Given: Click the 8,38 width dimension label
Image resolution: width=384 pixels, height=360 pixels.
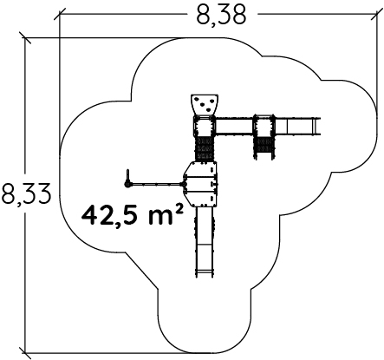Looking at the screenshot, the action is tap(222, 15).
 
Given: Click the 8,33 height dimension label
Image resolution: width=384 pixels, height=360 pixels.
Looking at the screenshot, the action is tap(26, 194).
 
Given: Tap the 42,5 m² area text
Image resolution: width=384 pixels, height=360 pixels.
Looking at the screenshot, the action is tap(133, 215).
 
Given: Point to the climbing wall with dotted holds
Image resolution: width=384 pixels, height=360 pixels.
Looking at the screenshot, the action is tap(205, 104).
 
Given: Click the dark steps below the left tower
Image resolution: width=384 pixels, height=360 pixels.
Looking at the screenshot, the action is tap(205, 148).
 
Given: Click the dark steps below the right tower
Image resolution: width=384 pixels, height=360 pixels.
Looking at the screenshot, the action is tap(264, 147).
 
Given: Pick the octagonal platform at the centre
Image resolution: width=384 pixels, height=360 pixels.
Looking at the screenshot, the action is tap(200, 184).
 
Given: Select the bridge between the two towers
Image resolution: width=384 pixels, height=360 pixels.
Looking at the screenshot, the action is tap(234, 127).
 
